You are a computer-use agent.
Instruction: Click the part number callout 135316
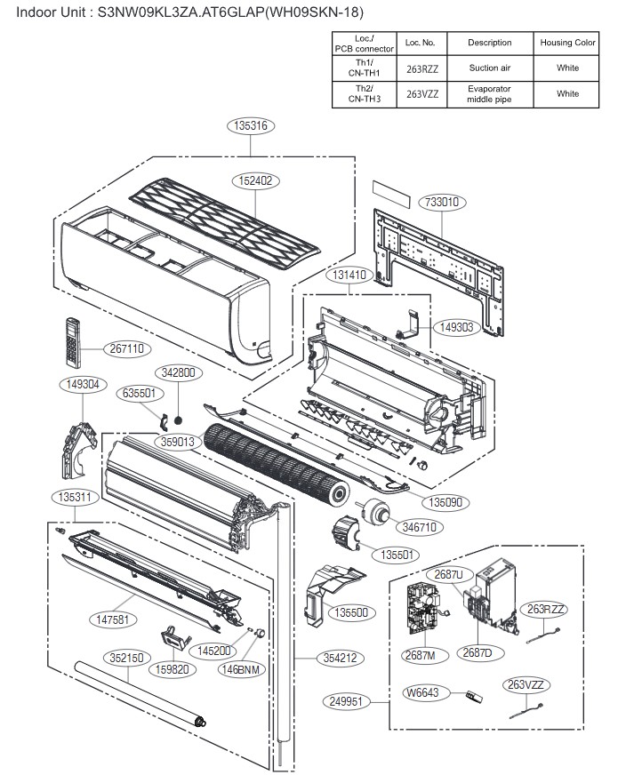[245, 126]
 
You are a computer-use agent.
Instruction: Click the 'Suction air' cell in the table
[490, 68]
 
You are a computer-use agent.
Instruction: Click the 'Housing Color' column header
[567, 43]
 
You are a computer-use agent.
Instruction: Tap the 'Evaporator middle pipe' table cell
[490, 93]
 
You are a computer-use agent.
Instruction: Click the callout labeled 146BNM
[241, 669]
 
